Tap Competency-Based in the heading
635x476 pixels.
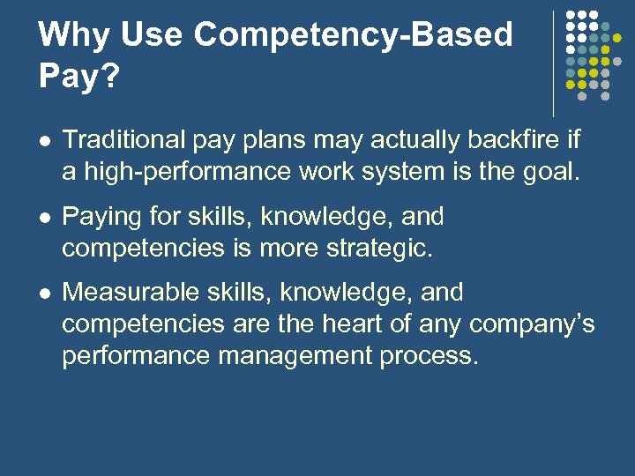coord(353,35)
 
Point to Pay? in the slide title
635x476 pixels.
coord(78,76)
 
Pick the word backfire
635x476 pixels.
coord(516,140)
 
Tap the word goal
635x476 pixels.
coord(553,171)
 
